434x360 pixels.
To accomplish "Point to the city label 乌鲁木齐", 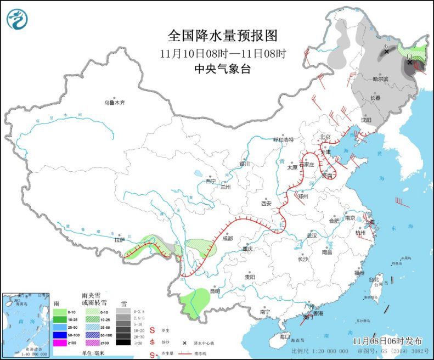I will (x=115, y=103).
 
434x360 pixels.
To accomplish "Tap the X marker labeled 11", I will (x=409, y=62).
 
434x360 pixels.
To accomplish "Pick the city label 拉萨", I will (x=120, y=240).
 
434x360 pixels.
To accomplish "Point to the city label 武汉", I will (x=312, y=235).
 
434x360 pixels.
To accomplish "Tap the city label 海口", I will (x=284, y=336).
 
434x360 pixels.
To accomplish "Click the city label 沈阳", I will (x=366, y=119).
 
